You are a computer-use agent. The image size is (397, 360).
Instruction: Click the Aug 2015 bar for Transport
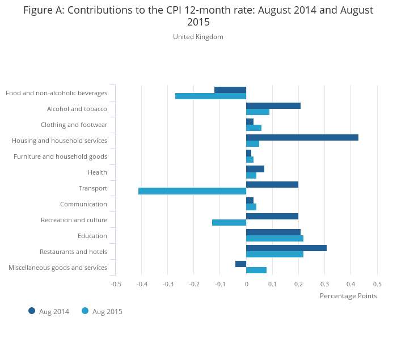pyautogui.click(x=192, y=191)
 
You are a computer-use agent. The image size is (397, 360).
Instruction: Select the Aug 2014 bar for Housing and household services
pyautogui.click(x=302, y=137)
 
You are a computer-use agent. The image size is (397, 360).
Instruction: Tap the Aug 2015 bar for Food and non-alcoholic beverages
pyautogui.click(x=210, y=96)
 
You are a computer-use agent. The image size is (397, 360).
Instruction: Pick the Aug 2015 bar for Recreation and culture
pyautogui.click(x=229, y=223)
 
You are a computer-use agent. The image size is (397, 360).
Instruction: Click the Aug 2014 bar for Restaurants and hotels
pyautogui.click(x=286, y=248)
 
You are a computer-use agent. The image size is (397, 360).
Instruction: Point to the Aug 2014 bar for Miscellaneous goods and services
pyautogui.click(x=241, y=264)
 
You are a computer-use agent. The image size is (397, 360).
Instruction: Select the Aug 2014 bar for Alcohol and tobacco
pyautogui.click(x=273, y=105)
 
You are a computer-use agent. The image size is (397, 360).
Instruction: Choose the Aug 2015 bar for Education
pyautogui.click(x=274, y=239)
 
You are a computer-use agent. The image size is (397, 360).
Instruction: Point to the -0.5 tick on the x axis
pyautogui.click(x=116, y=283)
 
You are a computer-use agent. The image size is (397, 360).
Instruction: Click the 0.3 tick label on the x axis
pyautogui.click(x=324, y=283)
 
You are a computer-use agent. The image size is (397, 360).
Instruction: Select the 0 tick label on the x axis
pyautogui.click(x=246, y=283)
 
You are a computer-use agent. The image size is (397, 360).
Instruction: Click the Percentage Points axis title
pyautogui.click(x=348, y=295)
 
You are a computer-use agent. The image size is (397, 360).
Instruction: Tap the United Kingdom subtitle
pyautogui.click(x=198, y=37)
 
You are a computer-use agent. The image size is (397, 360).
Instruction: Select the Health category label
pyautogui.click(x=98, y=172)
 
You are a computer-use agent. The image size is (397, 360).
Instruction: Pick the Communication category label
pyautogui.click(x=83, y=204)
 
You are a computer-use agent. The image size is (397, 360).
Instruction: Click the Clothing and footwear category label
pyautogui.click(x=74, y=125)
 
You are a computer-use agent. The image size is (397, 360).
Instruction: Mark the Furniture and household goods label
pyautogui.click(x=60, y=156)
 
